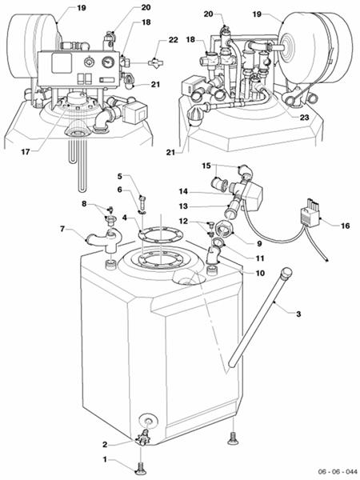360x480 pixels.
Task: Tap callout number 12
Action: point(183,221)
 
